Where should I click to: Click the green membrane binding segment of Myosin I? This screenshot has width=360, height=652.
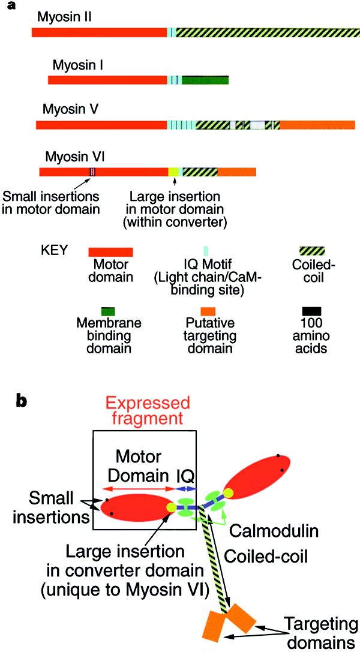pyautogui.click(x=205, y=79)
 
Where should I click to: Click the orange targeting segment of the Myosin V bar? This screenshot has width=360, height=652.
pyautogui.click(x=317, y=125)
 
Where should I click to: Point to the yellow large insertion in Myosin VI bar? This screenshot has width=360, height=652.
pyautogui.click(x=173, y=172)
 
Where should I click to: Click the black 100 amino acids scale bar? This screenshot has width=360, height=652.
pyautogui.click(x=312, y=311)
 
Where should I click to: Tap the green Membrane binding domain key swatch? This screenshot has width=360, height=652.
pyautogui.click(x=108, y=311)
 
